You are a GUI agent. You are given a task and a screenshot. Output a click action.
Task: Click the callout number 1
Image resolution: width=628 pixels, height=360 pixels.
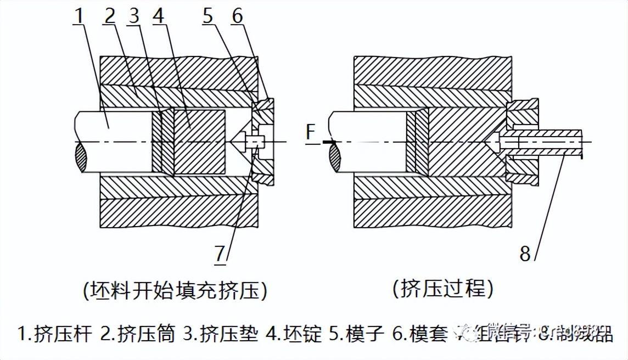[80, 16]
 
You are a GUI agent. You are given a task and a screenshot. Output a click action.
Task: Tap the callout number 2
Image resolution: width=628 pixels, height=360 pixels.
[110, 16]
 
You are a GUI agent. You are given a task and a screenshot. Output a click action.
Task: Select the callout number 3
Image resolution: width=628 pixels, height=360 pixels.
[133, 16]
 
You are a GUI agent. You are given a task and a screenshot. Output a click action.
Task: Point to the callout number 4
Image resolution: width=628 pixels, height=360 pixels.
[158, 16]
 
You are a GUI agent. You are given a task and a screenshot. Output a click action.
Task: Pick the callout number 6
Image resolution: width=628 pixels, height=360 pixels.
[237, 16]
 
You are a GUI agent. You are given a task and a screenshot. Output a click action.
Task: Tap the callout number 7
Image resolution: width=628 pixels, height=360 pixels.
[220, 254]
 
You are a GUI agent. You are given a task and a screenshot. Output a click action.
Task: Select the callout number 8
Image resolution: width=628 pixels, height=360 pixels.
[526, 254]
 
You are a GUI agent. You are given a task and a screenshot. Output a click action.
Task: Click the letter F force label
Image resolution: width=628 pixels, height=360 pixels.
[311, 132]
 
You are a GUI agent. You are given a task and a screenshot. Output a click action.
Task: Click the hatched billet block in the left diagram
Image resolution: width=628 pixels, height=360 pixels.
[199, 142]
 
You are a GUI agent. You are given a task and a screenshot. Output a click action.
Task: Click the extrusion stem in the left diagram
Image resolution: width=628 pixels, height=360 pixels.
[115, 140]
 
